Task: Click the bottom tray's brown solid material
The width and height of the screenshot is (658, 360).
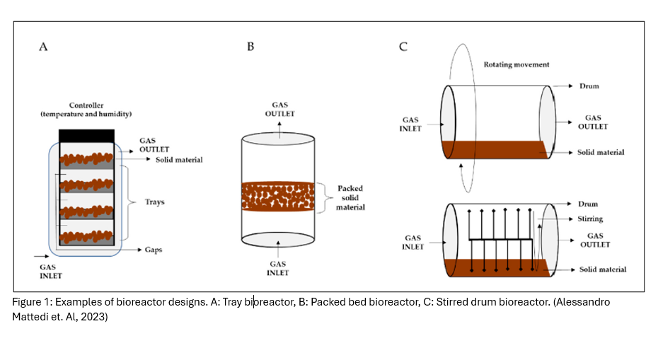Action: pyautogui.click(x=86, y=236)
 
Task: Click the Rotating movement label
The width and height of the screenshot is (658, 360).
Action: pyautogui.click(x=516, y=64)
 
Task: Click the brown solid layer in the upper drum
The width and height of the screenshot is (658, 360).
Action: pyautogui.click(x=495, y=149)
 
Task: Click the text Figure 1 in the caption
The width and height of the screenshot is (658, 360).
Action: pyautogui.click(x=30, y=302)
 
